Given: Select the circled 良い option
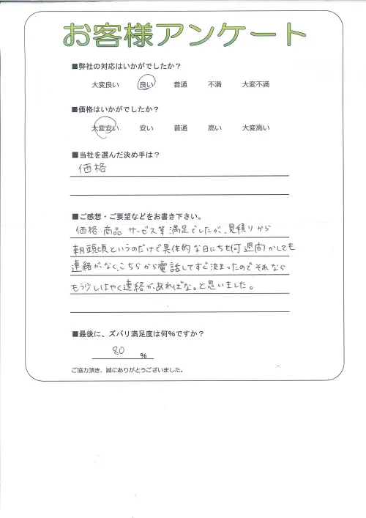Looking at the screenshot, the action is coord(146,85).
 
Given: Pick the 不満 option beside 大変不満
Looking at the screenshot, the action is coord(214,86).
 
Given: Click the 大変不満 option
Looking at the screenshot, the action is coord(255,86).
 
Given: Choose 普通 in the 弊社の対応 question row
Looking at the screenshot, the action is coord(180,86).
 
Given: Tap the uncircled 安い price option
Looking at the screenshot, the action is coord(145,128).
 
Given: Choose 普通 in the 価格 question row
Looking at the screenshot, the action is coord(180,128).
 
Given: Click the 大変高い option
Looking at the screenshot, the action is coord(255,128).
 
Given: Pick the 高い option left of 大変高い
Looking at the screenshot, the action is coord(214,128).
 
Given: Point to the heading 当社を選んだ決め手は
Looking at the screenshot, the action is coord(116,154).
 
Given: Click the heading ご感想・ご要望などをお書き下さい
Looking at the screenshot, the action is coord(136,216).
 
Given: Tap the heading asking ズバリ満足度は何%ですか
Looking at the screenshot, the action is coord(138,334).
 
